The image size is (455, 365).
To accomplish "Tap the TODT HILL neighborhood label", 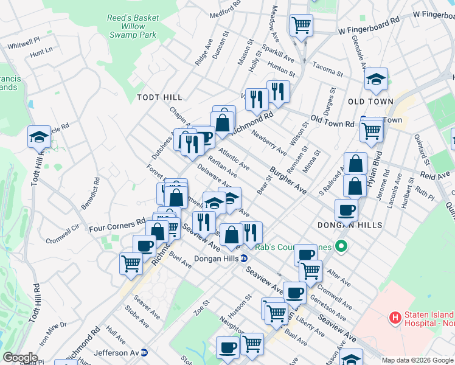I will [159, 97].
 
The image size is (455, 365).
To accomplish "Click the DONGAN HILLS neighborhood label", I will [350, 225].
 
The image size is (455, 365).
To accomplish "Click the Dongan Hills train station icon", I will [244, 258].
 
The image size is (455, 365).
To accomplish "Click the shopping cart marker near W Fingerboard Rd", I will [301, 25].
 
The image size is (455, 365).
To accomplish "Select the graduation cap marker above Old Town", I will [377, 78].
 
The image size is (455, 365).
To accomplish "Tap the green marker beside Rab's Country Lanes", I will [341, 247].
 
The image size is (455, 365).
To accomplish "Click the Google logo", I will [20, 358].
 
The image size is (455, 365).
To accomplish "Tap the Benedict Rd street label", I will [96, 191].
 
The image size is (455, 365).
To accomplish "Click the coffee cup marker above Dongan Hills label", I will [346, 210].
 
